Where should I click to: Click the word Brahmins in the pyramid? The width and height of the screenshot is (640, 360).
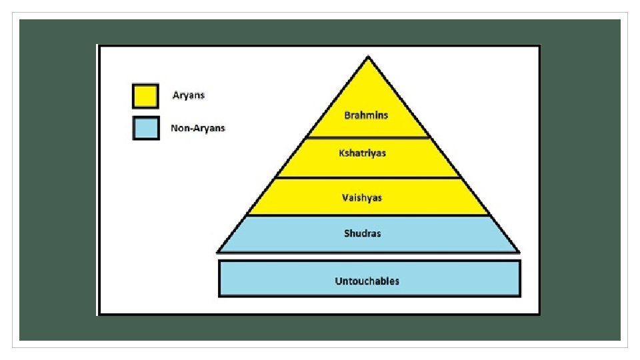[366, 115]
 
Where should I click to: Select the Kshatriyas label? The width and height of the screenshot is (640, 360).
[362, 153]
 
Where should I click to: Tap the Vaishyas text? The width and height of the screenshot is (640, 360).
[362, 197]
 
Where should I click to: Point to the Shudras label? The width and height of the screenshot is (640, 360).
[363, 233]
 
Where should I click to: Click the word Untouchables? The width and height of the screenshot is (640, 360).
[367, 281]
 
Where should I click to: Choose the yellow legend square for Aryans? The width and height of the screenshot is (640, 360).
[145, 95]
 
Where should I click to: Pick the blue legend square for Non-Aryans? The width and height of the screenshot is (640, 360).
[145, 128]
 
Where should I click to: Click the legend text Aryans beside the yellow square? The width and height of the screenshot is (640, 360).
[189, 95]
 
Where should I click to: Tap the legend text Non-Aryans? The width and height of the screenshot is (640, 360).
[198, 128]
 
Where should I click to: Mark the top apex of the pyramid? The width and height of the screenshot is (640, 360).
[367, 57]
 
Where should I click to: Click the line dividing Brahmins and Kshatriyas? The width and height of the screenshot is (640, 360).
[368, 138]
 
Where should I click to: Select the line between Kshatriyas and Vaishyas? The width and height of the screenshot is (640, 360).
[368, 177]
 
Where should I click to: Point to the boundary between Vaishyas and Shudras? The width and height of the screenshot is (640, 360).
[368, 215]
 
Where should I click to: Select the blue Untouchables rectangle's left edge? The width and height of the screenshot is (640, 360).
[219, 278]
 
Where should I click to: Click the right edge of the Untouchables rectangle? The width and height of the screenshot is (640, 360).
[519, 278]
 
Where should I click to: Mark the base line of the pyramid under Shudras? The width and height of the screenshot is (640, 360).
[368, 252]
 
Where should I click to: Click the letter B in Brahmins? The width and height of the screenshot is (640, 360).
[347, 115]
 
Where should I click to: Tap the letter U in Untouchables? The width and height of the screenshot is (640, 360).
[338, 281]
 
